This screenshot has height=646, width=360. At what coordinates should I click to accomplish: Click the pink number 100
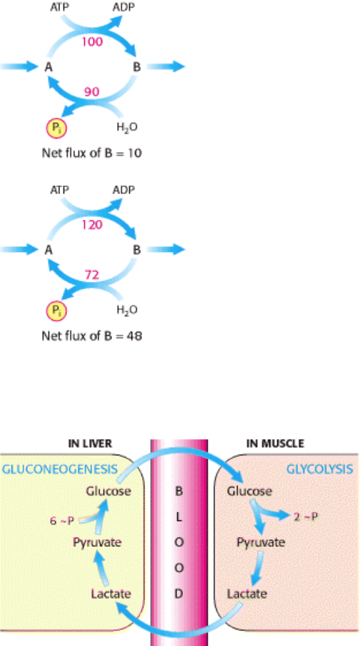pos(92,41)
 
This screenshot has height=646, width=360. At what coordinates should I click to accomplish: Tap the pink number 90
pos(91,92)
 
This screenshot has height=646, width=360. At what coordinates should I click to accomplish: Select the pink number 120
pos(92,225)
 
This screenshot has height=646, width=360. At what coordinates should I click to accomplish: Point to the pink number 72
pos(91,275)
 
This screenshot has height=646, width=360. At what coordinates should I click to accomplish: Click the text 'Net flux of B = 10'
pos(91,153)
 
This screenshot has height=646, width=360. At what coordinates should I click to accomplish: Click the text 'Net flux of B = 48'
pos(91,335)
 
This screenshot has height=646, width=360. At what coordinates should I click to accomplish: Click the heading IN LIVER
pos(90,443)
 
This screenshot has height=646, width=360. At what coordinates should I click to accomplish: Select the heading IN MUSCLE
pos(275,443)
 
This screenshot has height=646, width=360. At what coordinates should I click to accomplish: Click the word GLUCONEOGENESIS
pos(60,469)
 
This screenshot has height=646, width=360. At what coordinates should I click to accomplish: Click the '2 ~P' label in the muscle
pos(306,517)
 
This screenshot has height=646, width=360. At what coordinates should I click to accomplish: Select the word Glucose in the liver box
pos(109,491)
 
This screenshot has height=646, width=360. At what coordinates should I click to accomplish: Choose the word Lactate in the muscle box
pos(247,594)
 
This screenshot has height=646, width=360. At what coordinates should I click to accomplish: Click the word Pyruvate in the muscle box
pos(261,542)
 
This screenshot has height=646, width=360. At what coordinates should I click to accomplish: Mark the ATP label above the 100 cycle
pos(60,7)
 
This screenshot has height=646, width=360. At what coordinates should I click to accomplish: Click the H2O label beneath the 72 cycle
pos(127,310)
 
